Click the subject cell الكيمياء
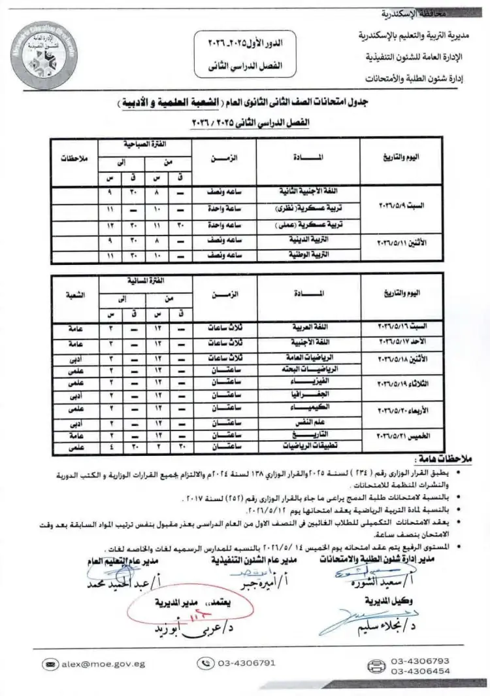coord(309,406)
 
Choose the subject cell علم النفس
coord(309,420)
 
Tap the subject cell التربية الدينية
coord(309,240)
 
